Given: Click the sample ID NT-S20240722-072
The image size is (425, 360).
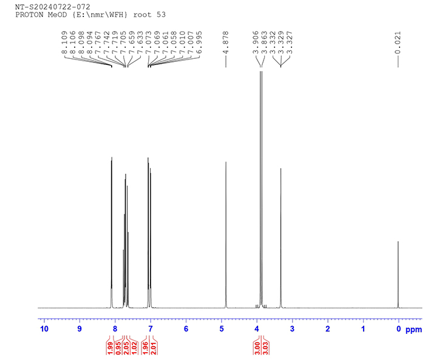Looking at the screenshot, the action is coord(53,7).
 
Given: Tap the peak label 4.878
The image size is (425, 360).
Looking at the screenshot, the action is coord(225,43).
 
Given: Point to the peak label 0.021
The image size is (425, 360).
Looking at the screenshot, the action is coord(398,43).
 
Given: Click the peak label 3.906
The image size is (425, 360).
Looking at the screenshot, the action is coord(256,43).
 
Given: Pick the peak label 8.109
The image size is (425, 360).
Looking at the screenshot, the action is coord(64,43).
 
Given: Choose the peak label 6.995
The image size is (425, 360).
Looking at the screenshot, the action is coord(199,43).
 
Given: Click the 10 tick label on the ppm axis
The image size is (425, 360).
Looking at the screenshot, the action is coord(44,329).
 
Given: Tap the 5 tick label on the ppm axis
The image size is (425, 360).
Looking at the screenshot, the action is coord(222,329).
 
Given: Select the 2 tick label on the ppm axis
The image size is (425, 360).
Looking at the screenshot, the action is coord(328,329).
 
